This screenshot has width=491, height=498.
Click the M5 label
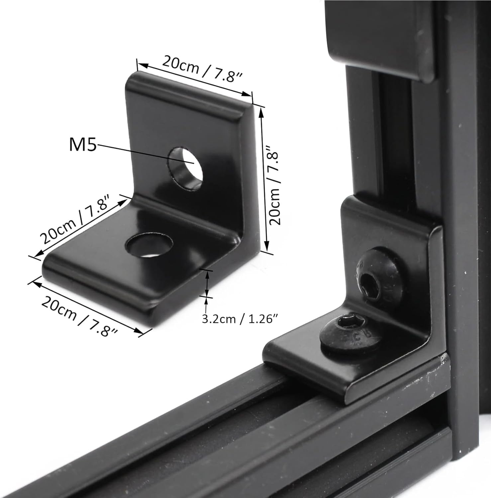83,145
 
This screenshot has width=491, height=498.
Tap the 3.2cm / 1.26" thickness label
240,319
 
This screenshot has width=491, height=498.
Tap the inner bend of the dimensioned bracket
186,212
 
